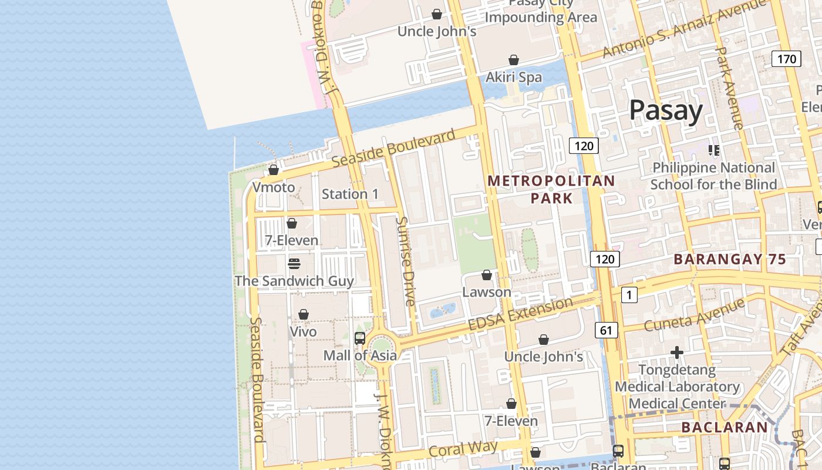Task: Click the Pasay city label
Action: point(666,110)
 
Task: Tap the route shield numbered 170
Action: point(786,59)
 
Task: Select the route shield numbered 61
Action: point(606,331)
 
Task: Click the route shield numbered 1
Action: point(629,295)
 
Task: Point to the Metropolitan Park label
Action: point(551,189)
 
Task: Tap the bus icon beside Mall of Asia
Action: point(360,338)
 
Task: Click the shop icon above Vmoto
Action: point(274,170)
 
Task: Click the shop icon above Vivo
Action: point(304,315)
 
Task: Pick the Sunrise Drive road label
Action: point(405,261)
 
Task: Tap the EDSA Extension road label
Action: point(520,314)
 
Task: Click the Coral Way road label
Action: point(463,449)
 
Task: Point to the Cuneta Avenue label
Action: point(694,315)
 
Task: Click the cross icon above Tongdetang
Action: point(677,352)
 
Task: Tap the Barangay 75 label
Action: point(729,259)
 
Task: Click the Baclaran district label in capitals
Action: point(725,427)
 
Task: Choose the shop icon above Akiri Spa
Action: point(514,60)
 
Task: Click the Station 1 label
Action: point(350,194)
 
